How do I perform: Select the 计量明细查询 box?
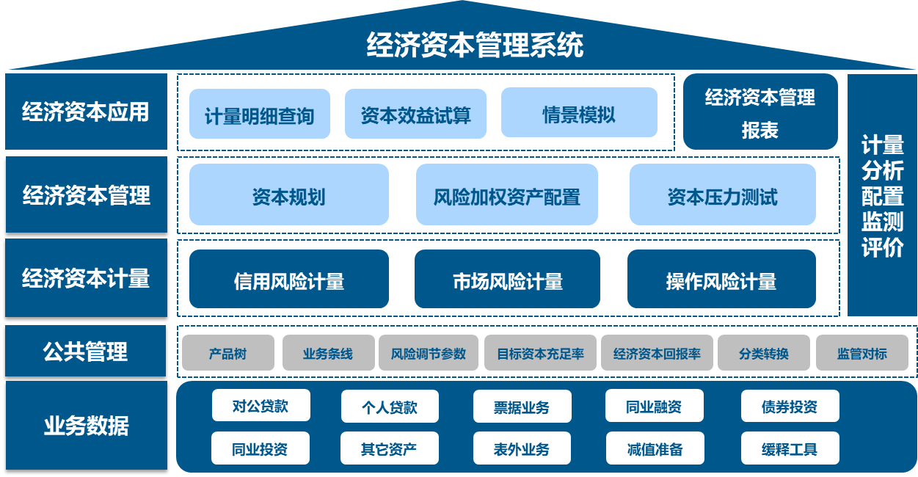pos(260,114)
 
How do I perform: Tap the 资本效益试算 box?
pos(415,114)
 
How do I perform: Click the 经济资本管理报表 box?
pos(759,112)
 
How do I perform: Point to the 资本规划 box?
pos(288,195)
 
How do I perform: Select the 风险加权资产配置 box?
pos(506,195)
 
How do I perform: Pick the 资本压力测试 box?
pos(722,195)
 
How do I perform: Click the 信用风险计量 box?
pos(288,280)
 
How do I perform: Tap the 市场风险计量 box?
pos(507,280)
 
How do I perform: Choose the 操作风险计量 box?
pos(721,280)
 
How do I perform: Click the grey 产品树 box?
pos(227,354)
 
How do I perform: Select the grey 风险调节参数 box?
pos(429,354)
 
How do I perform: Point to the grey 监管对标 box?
pos(861,354)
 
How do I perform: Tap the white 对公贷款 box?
pos(261,406)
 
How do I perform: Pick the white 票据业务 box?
pos(521,407)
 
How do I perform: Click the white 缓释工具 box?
pos(790,448)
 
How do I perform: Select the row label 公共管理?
pos(86,352)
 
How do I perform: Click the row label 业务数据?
pos(86,426)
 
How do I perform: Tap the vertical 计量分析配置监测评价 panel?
pos(882,195)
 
